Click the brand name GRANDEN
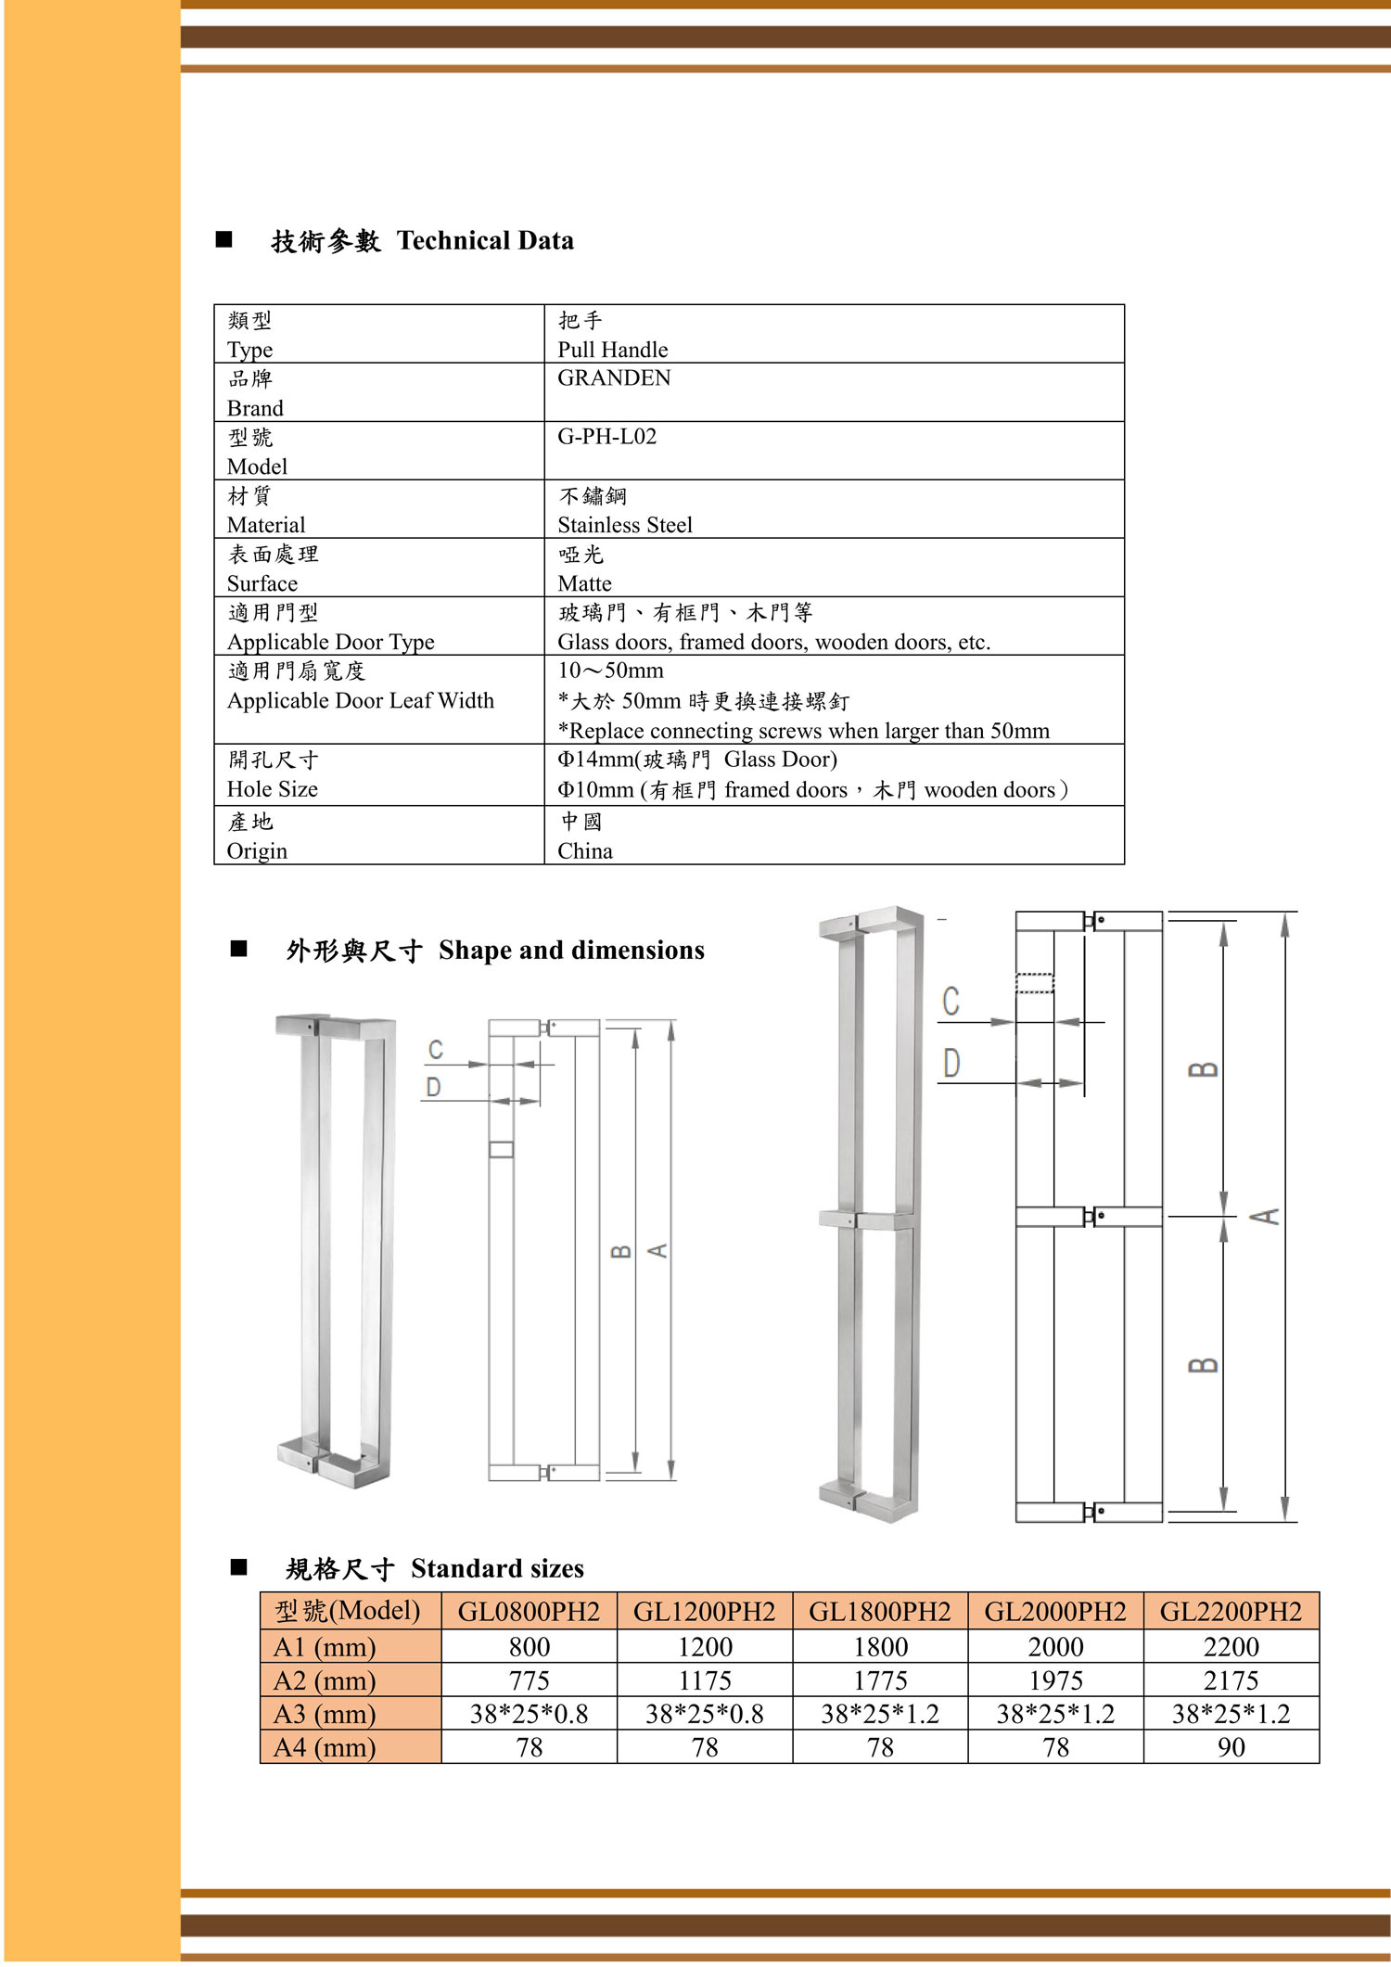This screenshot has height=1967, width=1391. point(613,378)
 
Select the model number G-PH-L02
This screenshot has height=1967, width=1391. point(606,437)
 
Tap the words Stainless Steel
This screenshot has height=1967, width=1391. point(624,525)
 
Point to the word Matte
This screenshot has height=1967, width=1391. point(584,583)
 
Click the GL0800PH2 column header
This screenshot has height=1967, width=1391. point(529,1612)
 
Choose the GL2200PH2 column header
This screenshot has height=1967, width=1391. point(1231,1612)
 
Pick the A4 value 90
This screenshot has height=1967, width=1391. point(1231,1747)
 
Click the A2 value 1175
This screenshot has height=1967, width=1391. point(705,1680)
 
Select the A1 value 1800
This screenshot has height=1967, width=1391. point(880,1647)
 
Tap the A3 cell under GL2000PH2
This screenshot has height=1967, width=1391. point(1055,1714)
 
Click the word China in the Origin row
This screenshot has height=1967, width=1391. point(584,851)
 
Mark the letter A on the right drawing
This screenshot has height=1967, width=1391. point(1267,1216)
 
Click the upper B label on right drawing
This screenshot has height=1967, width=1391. point(1203,1069)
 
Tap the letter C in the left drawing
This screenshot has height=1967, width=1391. point(435,1050)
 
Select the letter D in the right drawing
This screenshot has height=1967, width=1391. point(951,1063)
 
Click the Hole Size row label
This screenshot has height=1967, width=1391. point(272,789)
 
